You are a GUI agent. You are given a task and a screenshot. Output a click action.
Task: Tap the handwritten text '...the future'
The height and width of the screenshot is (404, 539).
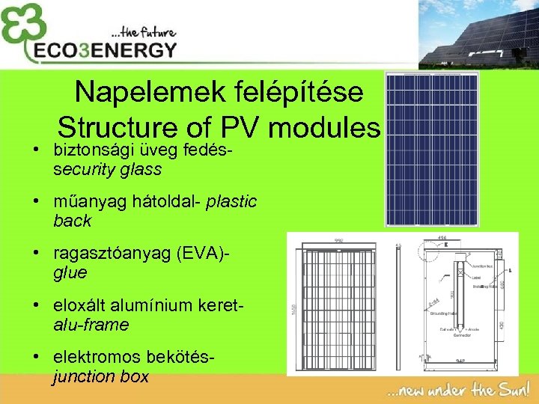click(142, 33)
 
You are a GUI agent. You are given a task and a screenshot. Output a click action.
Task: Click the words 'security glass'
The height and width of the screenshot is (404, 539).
click(108, 169)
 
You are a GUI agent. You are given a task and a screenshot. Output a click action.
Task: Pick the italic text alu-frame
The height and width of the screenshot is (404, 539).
click(91, 325)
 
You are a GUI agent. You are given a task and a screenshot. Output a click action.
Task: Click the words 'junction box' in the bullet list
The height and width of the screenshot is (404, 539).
click(101, 377)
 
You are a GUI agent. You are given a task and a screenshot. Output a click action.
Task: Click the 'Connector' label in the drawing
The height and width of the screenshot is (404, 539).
click(463, 334)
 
